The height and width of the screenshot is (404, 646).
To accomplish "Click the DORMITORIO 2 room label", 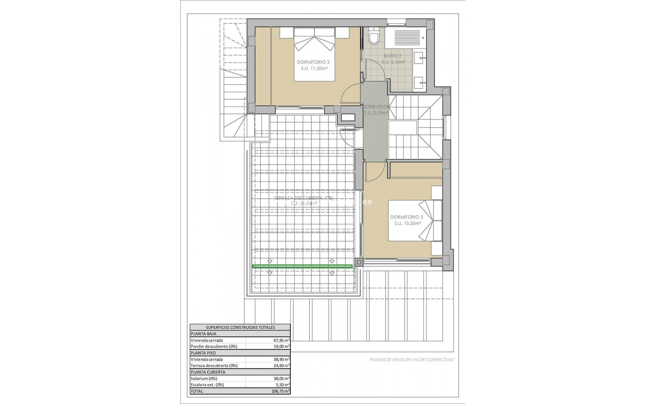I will click(313, 62).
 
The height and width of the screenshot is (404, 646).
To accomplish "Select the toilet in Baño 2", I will click(374, 37).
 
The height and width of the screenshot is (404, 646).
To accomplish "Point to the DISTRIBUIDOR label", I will click(376, 107).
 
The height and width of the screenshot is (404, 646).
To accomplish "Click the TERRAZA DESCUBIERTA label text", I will click(303, 198).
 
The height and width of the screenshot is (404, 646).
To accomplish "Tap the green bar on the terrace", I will click(302, 266).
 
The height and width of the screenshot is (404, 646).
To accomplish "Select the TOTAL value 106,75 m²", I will click(281, 391).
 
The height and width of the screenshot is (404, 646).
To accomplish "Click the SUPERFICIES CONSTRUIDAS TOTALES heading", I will click(240, 327).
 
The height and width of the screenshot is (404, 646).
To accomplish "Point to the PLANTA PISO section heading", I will click(203, 353).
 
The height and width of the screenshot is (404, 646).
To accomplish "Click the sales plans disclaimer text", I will click(412, 360).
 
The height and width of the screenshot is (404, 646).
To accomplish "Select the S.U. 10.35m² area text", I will click(407, 223).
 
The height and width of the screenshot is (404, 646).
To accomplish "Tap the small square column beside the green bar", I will click(359, 262).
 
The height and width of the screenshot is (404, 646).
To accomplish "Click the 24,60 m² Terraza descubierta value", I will click(282, 365).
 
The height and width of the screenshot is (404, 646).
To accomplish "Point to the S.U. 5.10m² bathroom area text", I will click(393, 62).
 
